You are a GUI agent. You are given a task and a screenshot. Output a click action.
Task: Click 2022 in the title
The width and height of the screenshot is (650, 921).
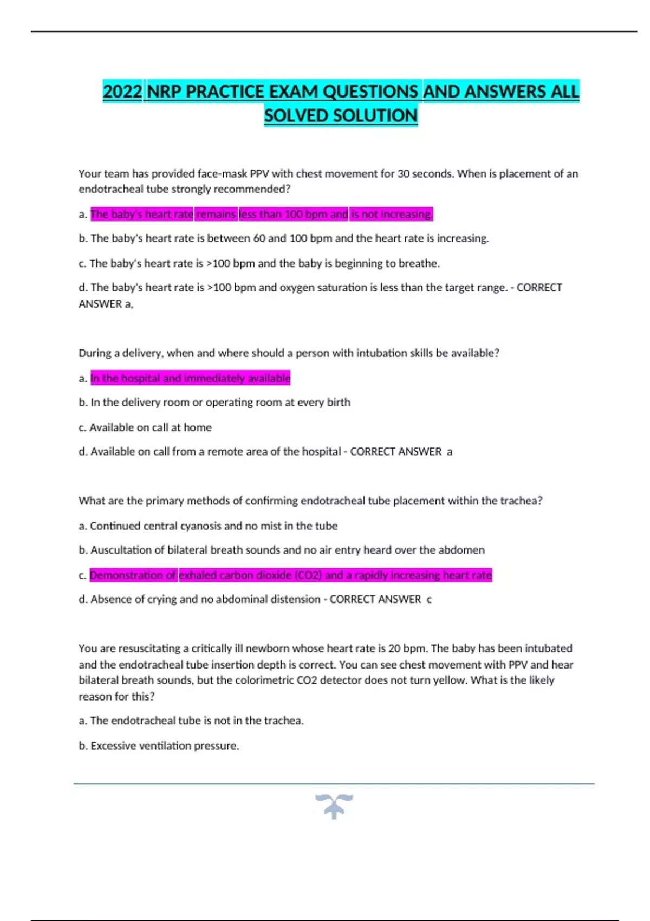[x=122, y=92]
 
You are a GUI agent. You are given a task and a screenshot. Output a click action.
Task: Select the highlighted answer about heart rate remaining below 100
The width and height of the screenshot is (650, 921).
[x=262, y=214]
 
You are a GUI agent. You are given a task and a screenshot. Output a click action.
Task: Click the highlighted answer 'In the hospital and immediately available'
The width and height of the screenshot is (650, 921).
[x=190, y=378]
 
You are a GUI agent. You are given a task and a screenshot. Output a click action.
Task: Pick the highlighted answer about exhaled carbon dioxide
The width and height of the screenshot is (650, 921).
[x=291, y=575]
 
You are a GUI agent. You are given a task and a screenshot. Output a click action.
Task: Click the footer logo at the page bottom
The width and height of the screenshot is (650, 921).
[x=334, y=806]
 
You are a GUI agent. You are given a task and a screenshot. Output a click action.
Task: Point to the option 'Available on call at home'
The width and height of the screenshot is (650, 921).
[x=150, y=427]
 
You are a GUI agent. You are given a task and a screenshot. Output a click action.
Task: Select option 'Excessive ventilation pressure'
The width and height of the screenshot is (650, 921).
[x=164, y=745]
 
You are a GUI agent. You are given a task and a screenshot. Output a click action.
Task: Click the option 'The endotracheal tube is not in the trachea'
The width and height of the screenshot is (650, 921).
[x=197, y=721]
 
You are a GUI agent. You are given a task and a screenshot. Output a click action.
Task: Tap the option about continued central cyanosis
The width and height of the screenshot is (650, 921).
[x=213, y=526]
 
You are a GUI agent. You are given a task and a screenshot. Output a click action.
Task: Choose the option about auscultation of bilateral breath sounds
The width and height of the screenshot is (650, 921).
[x=287, y=550]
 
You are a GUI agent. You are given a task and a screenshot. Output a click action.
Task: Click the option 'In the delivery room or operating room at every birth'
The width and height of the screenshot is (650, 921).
[x=220, y=402]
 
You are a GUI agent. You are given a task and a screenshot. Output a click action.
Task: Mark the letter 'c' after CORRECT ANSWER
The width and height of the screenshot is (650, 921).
[x=429, y=600]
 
